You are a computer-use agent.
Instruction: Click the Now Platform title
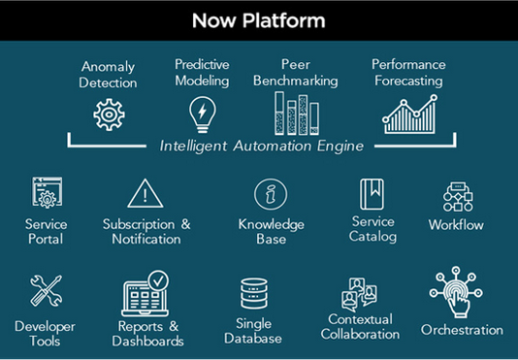coord(258,20)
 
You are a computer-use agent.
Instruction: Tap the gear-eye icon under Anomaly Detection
coord(110,115)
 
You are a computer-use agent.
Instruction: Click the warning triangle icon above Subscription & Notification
coord(146,194)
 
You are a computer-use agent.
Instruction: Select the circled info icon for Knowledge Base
coord(271,194)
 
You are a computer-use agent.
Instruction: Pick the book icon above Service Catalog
coord(373,193)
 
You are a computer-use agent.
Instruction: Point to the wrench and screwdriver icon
coord(45,291)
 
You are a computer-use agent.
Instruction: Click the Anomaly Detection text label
coord(110,75)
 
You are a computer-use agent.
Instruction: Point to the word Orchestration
coord(462,330)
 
